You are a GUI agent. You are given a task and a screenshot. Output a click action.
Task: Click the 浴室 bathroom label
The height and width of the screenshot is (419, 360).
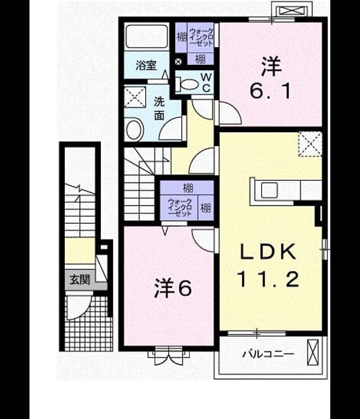click(146, 65)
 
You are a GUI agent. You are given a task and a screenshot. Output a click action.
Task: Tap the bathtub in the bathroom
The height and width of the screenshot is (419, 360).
click(146, 37)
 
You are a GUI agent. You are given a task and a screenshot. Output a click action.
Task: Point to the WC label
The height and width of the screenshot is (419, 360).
click(206, 82)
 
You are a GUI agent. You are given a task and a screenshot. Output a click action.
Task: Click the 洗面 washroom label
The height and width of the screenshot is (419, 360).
click(159, 109)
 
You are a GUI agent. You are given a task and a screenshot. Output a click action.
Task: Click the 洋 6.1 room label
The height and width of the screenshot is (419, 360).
click(270, 78)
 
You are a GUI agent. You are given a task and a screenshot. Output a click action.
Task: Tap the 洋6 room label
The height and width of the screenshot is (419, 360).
click(173, 288)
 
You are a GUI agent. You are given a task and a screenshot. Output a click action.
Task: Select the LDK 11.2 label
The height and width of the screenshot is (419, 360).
click(268, 265)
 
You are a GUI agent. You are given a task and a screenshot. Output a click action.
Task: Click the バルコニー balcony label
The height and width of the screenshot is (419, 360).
click(268, 354)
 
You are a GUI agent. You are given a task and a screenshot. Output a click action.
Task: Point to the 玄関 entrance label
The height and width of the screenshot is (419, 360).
click(80, 280)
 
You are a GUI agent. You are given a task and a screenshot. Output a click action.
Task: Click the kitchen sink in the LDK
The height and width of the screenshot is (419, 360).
click(269, 191)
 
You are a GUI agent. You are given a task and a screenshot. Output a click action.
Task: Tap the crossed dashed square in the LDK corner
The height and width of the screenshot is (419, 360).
click(310, 144)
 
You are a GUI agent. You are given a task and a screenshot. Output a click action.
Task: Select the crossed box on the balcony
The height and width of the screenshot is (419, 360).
click(313, 352)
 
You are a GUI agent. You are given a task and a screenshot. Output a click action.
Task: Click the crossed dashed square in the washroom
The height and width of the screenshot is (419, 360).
click(135, 97)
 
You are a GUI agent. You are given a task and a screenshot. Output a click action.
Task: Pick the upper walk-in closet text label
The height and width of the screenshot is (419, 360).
click(201, 37)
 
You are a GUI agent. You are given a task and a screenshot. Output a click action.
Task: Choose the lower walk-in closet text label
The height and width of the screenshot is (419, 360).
click(180, 208)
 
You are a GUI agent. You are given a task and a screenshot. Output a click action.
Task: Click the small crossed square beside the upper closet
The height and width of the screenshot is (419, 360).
click(178, 62)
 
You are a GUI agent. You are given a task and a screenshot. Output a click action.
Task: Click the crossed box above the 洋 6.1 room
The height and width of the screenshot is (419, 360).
click(292, 10)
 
